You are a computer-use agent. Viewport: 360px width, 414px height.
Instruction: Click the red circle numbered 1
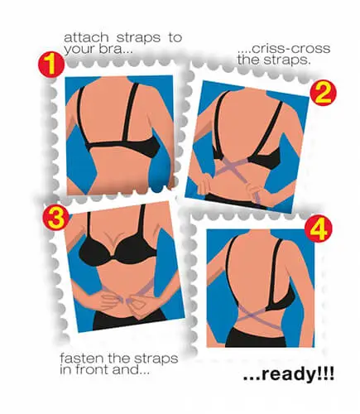click(50, 65)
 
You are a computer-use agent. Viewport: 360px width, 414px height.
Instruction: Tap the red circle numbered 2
click(324, 94)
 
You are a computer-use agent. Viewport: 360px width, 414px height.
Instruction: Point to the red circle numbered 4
click(319, 229)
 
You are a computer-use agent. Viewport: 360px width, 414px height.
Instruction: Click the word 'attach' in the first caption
click(86, 37)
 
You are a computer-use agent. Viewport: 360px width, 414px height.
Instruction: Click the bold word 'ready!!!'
click(298, 373)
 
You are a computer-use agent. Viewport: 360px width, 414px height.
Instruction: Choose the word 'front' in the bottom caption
click(93, 370)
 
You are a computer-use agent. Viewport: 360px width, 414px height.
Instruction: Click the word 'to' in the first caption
click(175, 38)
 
